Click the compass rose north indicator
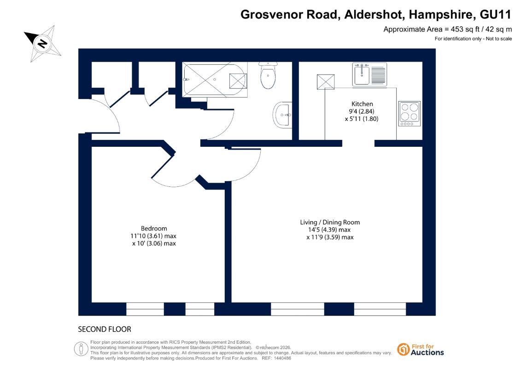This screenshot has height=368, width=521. [x=42, y=43]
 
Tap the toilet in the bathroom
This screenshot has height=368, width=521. [x=268, y=75]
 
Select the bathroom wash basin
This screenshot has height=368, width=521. [x=282, y=115]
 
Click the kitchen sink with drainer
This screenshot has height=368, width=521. [x=369, y=75]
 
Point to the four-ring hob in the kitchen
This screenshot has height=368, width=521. [x=410, y=114]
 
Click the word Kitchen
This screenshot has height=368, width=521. [x=362, y=104]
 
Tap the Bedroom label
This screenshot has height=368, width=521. [x=154, y=229]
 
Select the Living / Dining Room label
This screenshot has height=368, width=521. [x=330, y=222]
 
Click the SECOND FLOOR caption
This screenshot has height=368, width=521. [x=105, y=329]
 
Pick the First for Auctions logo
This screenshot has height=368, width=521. [x=421, y=350]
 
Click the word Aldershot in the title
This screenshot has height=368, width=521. [x=374, y=15]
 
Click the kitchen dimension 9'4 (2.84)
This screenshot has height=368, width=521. [x=362, y=111]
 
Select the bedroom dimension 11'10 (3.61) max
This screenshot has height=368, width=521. [x=153, y=236]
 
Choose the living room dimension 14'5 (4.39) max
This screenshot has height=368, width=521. [x=329, y=230]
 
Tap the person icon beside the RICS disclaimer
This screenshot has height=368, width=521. [x=81, y=349]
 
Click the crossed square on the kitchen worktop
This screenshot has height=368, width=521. [x=326, y=82]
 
